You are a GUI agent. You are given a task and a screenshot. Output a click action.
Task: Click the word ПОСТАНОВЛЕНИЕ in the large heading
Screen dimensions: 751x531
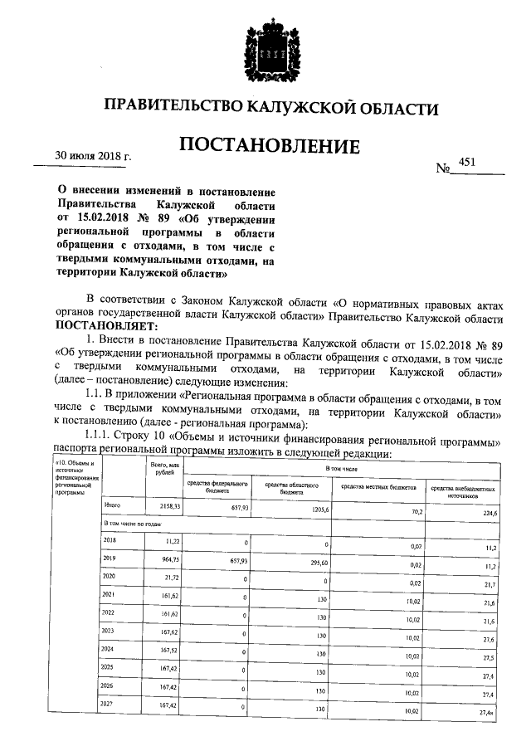point(270,148)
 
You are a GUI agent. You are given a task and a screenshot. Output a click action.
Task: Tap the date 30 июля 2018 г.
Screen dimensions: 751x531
point(93,155)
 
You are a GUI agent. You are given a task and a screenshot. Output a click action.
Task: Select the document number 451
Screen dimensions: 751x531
point(466,164)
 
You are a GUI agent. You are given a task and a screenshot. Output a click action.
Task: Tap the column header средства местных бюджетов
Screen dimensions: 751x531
point(378,487)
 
